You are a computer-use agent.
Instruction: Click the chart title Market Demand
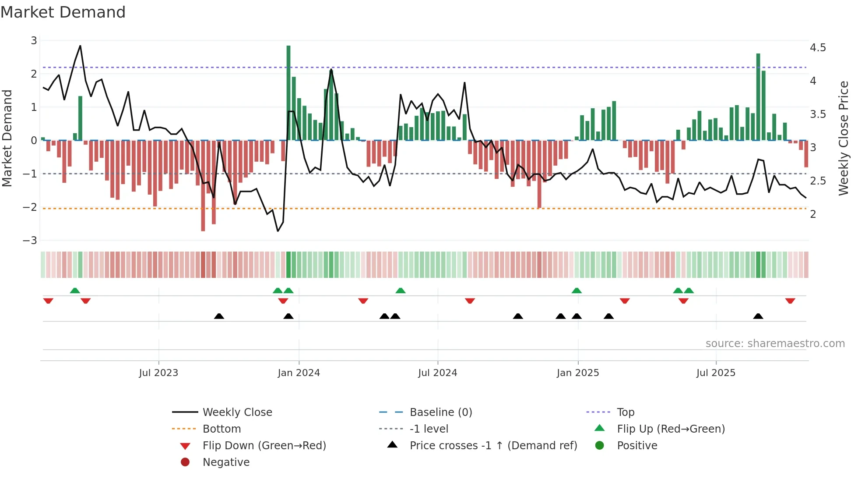(x=63, y=12)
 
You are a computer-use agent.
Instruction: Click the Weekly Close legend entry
(x=237, y=412)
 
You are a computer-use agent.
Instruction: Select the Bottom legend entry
(x=222, y=429)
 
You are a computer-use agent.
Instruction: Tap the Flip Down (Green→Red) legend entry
(x=264, y=446)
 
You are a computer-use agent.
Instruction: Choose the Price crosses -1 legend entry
(x=493, y=446)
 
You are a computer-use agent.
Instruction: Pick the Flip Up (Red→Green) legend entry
(x=671, y=429)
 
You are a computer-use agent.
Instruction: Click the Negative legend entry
(x=226, y=462)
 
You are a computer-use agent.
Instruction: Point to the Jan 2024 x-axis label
(x=299, y=373)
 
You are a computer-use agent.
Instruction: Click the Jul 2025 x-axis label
(x=716, y=373)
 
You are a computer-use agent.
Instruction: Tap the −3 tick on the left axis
(x=30, y=241)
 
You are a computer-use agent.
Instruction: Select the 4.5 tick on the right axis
(x=818, y=47)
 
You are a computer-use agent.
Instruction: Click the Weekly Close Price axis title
(x=843, y=138)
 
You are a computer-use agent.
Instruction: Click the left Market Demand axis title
(x=7, y=138)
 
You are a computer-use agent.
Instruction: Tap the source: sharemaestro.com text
(x=775, y=344)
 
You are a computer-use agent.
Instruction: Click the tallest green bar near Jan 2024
(x=288, y=92)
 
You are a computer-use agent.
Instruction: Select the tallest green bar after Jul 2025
(x=758, y=96)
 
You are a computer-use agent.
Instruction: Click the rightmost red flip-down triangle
(x=790, y=301)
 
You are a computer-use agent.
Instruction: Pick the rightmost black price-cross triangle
(x=758, y=316)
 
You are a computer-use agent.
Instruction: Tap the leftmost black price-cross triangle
(x=219, y=316)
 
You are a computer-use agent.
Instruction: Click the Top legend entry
(x=626, y=412)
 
